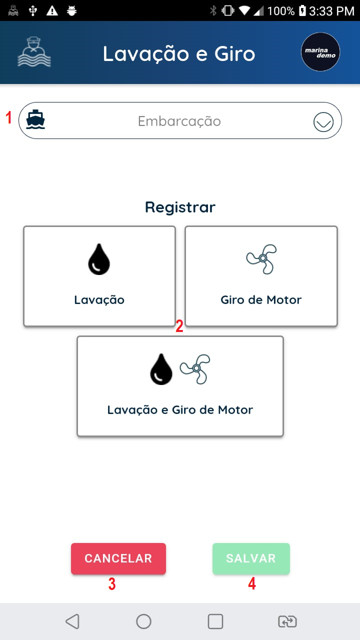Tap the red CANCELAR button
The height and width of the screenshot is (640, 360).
coord(118,558)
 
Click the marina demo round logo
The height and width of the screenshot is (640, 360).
coord(320,52)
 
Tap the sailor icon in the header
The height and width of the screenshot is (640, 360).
coord(34,52)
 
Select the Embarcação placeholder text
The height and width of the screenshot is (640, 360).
coord(179,121)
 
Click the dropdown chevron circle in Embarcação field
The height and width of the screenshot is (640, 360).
coord(323,121)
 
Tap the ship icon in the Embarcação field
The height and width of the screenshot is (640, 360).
coord(35,120)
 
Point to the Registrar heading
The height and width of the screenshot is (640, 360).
coord(180,207)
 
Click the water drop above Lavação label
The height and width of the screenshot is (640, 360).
coord(99,259)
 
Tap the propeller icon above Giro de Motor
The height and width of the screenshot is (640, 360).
coord(261,258)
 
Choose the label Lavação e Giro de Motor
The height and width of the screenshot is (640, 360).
coord(180,410)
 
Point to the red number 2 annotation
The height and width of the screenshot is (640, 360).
coord(179,326)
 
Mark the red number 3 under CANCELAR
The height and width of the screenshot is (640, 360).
coord(112,584)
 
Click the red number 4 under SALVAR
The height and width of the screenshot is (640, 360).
coord(252,584)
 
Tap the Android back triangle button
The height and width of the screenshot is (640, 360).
coord(72,621)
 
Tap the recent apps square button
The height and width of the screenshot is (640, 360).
coord(215,621)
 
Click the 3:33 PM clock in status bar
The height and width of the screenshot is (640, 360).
coord(331,10)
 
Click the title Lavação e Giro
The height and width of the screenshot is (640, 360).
coord(179,53)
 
